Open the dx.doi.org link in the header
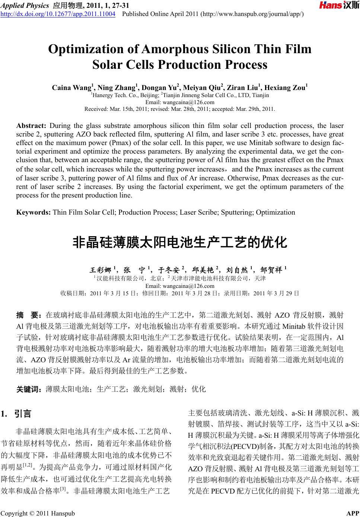click(x=58, y=15)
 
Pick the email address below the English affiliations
click(x=180, y=102)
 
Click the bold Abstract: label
click(x=31, y=125)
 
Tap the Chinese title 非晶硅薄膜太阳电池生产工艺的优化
click(x=179, y=243)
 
